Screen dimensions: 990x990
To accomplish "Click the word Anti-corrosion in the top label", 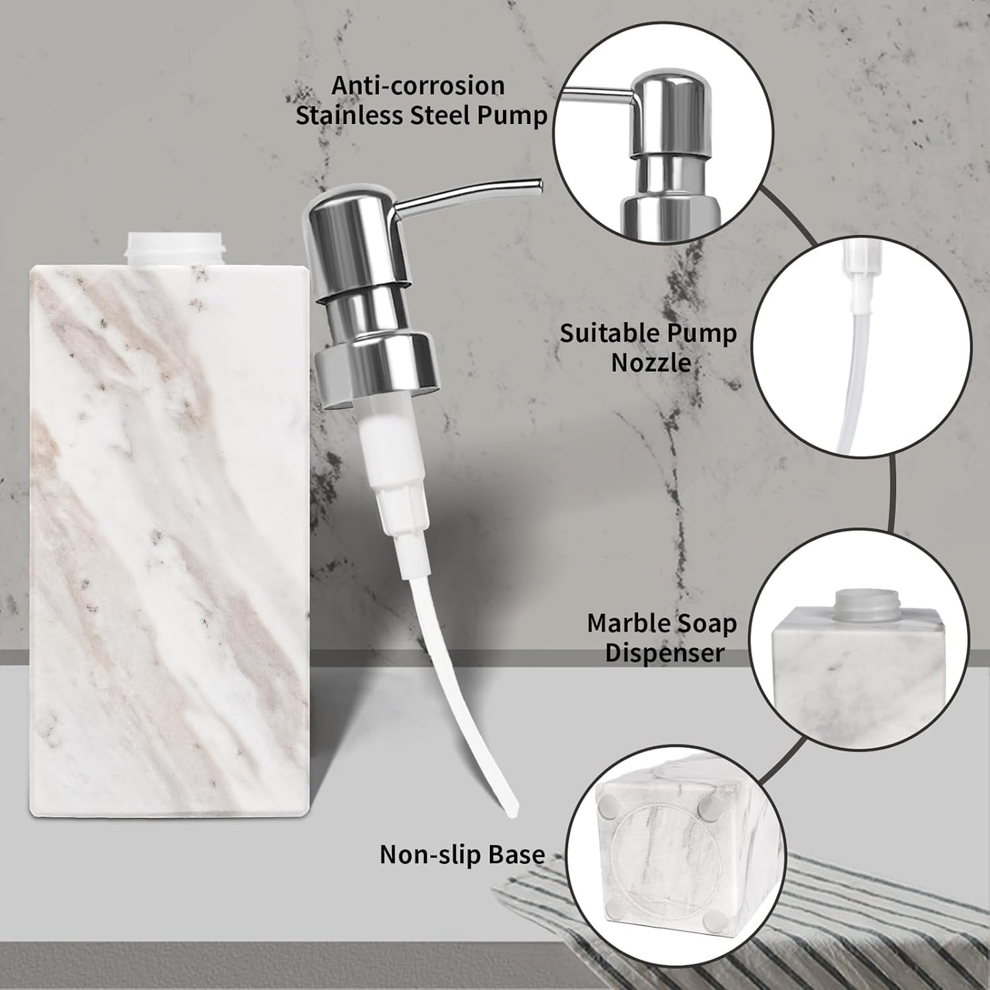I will click(418, 86).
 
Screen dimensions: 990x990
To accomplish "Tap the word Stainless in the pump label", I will click(349, 115).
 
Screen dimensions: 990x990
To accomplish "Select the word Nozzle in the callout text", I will click(650, 362).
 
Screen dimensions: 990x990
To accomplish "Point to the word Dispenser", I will click(664, 652).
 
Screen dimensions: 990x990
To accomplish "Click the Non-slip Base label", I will click(462, 854).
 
